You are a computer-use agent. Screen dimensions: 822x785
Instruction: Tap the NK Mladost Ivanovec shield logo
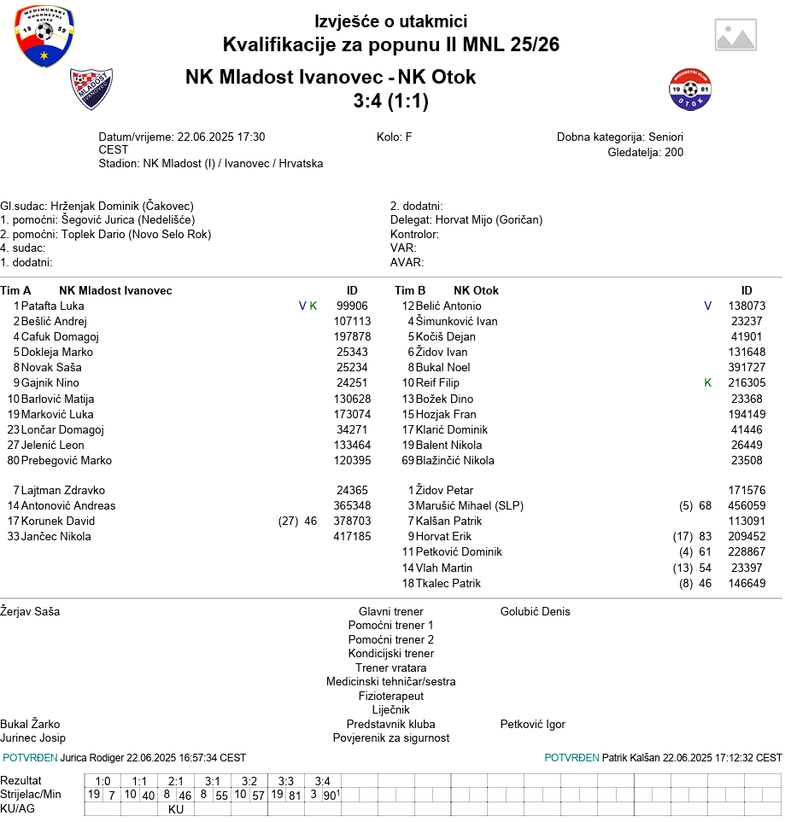[91, 89]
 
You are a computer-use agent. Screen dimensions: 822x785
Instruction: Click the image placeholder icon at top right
[735, 35]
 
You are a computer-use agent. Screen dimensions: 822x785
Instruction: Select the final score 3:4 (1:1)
[390, 102]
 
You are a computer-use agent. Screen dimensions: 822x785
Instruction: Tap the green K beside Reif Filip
[707, 383]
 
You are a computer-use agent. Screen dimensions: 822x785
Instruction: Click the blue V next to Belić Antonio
[707, 306]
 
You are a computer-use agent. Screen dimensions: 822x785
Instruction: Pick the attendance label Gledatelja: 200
[645, 153]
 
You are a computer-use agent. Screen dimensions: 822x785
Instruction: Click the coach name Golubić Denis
[535, 611]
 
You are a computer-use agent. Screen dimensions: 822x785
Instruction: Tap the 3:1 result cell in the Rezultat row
[213, 781]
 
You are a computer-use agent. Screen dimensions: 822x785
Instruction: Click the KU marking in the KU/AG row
[176, 809]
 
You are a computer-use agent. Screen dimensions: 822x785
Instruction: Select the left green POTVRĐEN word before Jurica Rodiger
[30, 758]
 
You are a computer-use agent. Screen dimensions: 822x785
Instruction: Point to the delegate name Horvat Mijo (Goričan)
[489, 219]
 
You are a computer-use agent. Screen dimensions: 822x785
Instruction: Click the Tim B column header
[410, 290]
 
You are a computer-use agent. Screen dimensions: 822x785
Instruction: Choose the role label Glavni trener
[390, 611]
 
